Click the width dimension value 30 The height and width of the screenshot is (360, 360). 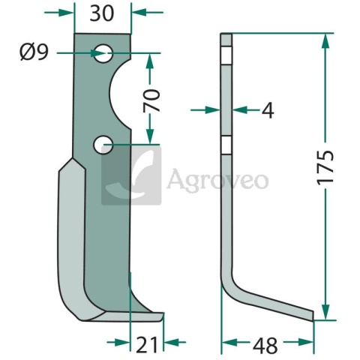(x=102, y=13)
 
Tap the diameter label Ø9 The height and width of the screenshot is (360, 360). (x=34, y=52)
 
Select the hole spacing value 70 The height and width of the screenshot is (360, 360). (x=151, y=100)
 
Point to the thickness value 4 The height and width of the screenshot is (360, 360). (x=268, y=110)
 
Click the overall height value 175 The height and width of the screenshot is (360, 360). (x=325, y=168)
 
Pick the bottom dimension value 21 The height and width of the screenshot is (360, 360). (x=146, y=345)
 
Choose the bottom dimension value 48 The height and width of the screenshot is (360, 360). (x=265, y=346)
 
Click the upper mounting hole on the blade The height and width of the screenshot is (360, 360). (x=103, y=53)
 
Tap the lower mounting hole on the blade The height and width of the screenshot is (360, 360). (x=103, y=145)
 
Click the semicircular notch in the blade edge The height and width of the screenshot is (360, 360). (x=119, y=94)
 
